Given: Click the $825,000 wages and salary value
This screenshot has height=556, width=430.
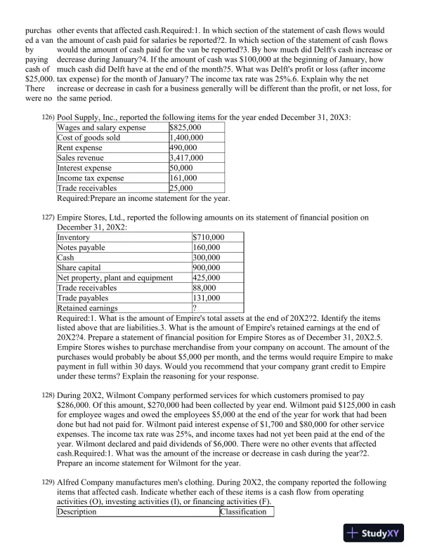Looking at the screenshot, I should tap(185, 128).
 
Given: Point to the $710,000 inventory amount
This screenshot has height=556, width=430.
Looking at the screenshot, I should tap(208, 238).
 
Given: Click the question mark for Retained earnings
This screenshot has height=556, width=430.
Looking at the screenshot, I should tap(195, 307).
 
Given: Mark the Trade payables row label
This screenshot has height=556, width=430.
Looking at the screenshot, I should tap(83, 298).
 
